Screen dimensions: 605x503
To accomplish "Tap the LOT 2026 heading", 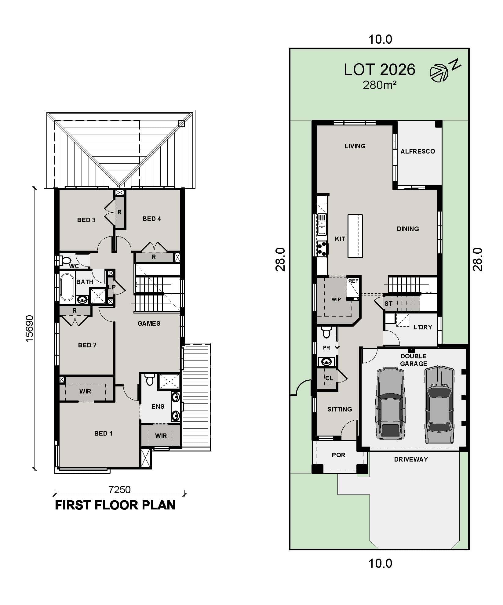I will [379, 70].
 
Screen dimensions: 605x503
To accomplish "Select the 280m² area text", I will [379, 85].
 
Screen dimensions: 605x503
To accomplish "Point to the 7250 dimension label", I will [119, 490].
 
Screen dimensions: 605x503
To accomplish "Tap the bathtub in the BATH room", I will [67, 287].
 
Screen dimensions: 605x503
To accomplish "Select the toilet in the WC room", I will [65, 261].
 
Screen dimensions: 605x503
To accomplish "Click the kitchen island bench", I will [355, 236].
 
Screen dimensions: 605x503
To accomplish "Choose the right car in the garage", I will [439, 404].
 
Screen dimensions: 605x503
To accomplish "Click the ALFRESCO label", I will [417, 151].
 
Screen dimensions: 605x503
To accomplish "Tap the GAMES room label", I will [149, 324].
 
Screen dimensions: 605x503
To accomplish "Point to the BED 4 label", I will [151, 219].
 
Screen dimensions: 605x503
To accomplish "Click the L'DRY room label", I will [423, 327].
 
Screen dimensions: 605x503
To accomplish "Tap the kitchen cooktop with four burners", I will [322, 248].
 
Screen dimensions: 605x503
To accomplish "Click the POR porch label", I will [338, 455].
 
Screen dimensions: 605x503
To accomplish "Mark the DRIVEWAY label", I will [411, 459].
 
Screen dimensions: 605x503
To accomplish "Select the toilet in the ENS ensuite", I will [150, 380].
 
